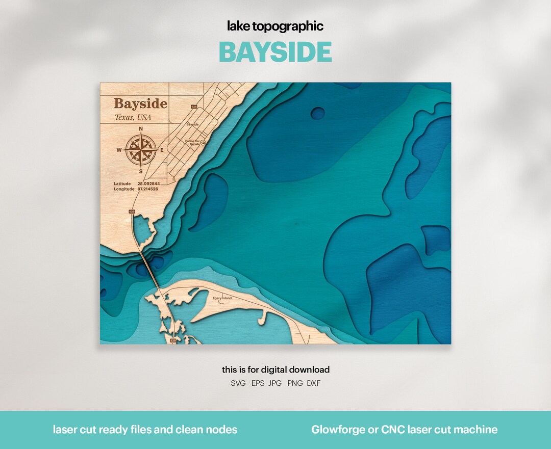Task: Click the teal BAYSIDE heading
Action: pyautogui.click(x=275, y=52)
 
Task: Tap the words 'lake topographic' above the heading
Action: pyautogui.click(x=275, y=26)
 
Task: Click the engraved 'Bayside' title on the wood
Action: pyautogui.click(x=140, y=104)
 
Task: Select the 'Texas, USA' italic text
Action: pyautogui.click(x=133, y=118)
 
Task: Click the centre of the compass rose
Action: pyautogui.click(x=140, y=150)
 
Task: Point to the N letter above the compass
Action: pyautogui.click(x=141, y=129)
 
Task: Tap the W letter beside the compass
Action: pyautogui.click(x=119, y=150)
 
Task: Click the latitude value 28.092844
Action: pyautogui.click(x=148, y=183)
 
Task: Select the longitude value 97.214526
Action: pyautogui.click(x=148, y=189)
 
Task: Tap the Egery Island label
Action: pyautogui.click(x=222, y=298)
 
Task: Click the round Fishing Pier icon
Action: pyautogui.click(x=203, y=143)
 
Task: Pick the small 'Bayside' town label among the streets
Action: pyautogui.click(x=192, y=124)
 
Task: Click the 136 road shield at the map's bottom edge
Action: pyautogui.click(x=173, y=340)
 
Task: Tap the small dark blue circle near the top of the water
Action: pyautogui.click(x=317, y=113)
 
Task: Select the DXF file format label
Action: pyautogui.click(x=314, y=383)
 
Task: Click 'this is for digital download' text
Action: pyautogui.click(x=275, y=369)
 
